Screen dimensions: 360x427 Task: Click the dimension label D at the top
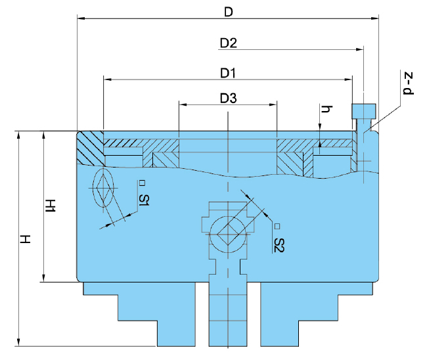229,12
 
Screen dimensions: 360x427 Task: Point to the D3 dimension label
228,99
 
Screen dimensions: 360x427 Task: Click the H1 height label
49,206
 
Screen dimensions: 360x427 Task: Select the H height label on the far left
25,239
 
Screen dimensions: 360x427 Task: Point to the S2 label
279,245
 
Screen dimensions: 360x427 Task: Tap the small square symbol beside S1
141,183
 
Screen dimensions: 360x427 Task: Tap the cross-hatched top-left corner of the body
90,148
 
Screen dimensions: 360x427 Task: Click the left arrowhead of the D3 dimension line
182,104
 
